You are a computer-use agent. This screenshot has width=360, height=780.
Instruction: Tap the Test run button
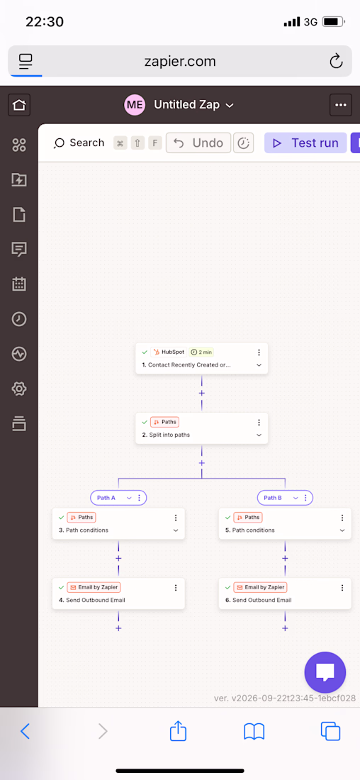point(305,143)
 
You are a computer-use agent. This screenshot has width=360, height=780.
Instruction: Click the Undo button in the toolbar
point(198,143)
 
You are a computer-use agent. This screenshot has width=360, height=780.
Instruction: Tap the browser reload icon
point(336,61)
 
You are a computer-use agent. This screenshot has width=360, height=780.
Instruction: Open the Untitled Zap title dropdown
point(193,105)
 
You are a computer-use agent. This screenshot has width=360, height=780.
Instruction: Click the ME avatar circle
point(135,105)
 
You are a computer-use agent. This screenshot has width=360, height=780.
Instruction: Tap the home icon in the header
point(19,105)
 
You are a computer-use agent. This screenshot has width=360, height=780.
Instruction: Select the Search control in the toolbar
point(79,143)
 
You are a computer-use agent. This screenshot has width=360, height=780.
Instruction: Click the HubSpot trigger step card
point(202,358)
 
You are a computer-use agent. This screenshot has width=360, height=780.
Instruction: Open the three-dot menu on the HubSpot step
point(259,352)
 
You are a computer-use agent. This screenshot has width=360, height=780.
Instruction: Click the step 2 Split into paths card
point(202,428)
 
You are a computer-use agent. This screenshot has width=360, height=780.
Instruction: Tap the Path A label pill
point(118,498)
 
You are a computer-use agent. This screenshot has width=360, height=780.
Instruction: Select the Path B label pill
point(285,498)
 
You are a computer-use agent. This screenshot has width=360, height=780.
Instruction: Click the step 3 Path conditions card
point(118,523)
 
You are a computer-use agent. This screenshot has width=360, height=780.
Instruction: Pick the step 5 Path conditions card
point(285,523)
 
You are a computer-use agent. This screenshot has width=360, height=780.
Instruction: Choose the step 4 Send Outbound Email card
point(118,594)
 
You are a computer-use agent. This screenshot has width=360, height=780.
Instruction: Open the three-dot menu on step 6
point(342,588)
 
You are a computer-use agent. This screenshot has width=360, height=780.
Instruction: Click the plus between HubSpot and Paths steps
point(202,393)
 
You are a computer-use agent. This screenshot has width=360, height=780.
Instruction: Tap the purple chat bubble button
point(325,672)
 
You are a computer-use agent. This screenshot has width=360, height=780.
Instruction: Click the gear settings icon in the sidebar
point(19,389)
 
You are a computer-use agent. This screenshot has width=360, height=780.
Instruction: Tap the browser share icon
point(178,731)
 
